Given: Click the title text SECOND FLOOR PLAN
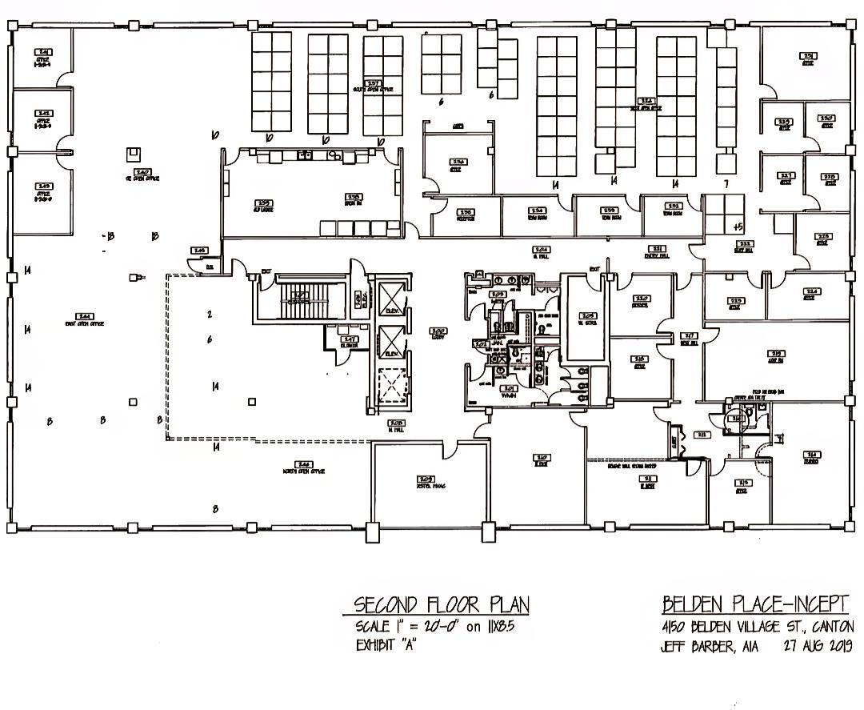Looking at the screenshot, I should [442, 604].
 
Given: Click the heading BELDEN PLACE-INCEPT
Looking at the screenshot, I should [754, 604].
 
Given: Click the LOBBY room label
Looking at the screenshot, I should [438, 333].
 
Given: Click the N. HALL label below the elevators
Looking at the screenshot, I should [395, 426].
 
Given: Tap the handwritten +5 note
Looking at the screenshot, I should [738, 227].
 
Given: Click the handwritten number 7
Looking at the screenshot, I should [725, 184].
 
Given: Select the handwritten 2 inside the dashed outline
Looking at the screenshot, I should [209, 315].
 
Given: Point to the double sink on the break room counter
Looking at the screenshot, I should [308, 155].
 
